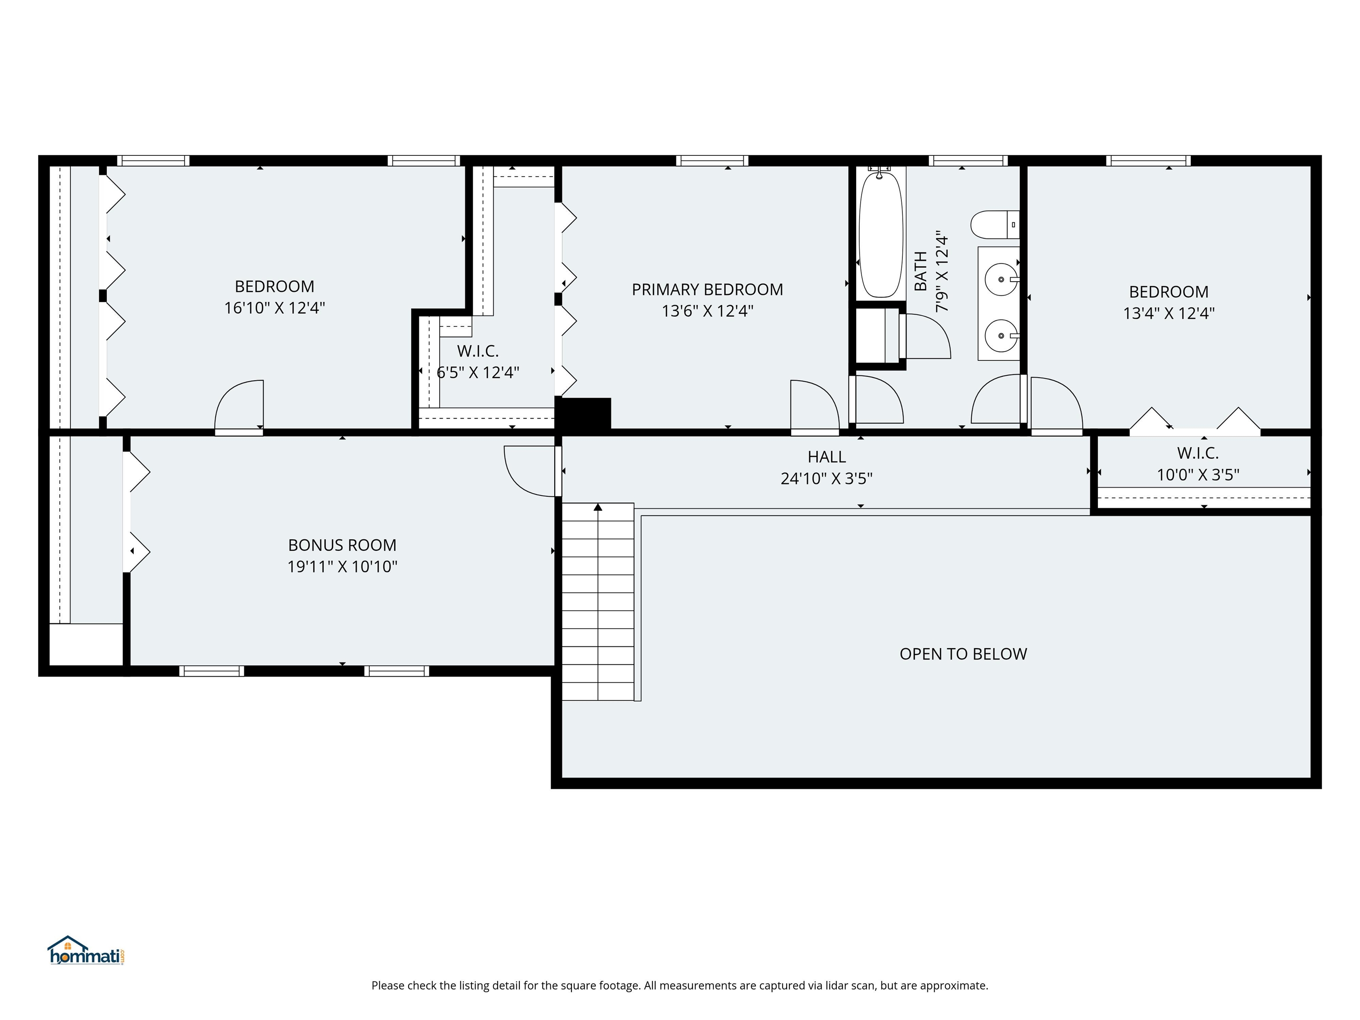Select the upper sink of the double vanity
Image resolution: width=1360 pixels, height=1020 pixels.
[x=1001, y=280]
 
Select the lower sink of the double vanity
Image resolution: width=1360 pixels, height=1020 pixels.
[x=1001, y=336]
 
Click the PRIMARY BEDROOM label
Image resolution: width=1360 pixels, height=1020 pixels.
[x=707, y=290]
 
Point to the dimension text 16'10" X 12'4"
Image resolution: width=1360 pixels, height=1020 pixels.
[x=274, y=308]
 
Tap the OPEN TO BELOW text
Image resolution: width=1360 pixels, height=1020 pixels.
[x=963, y=654]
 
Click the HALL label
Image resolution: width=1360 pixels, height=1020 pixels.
[x=827, y=457]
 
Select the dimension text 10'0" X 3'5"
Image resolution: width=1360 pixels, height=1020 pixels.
[x=1198, y=475]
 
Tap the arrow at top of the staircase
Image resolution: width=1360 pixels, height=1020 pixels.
[x=598, y=507]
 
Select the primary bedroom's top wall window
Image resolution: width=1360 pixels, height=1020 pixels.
[x=712, y=161]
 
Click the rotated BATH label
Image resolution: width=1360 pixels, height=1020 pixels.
[x=920, y=271]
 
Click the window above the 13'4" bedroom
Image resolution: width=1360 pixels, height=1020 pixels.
[x=1148, y=161]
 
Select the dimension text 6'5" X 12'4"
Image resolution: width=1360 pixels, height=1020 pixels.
[x=478, y=373]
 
